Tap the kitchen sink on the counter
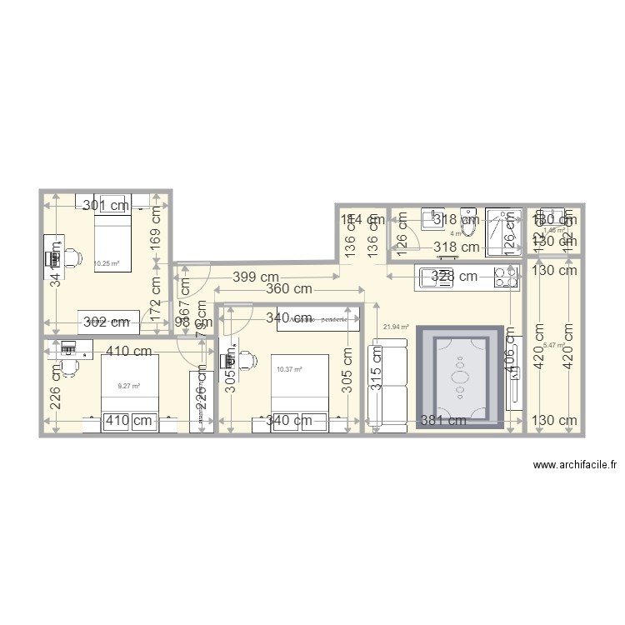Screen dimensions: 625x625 (435, 277)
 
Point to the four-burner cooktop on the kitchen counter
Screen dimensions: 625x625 (505, 277)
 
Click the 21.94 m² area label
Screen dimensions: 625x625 (395, 327)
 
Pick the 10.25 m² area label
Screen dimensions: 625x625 (106, 263)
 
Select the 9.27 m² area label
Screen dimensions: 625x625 (128, 386)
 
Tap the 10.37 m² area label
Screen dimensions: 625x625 (288, 369)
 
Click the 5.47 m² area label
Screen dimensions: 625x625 (553, 346)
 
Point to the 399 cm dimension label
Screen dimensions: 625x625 (255, 277)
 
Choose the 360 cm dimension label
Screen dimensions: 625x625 (289, 290)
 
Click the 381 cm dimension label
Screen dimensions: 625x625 (443, 421)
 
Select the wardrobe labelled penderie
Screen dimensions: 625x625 (318, 318)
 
